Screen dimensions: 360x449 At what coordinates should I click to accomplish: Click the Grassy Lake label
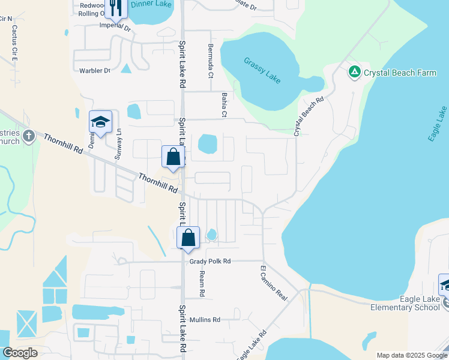(263, 71)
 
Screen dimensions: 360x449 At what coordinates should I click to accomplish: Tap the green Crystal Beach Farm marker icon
(354, 73)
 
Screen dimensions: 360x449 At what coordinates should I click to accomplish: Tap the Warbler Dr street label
(95, 71)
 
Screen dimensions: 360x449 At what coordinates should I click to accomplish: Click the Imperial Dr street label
(115, 27)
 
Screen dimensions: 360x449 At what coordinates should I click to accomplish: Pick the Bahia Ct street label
(223, 103)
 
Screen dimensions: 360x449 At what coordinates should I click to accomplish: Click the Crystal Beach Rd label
(309, 116)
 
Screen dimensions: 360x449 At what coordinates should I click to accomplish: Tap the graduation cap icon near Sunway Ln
(100, 122)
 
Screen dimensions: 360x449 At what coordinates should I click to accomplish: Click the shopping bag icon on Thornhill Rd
(173, 157)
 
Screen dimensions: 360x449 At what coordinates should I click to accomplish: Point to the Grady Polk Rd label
(210, 262)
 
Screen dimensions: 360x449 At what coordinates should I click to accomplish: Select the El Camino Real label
(274, 283)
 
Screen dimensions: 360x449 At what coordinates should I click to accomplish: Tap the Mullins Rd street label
(205, 320)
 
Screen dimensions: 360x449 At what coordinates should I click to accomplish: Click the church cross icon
(28, 137)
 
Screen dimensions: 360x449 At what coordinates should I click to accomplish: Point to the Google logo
(20, 352)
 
